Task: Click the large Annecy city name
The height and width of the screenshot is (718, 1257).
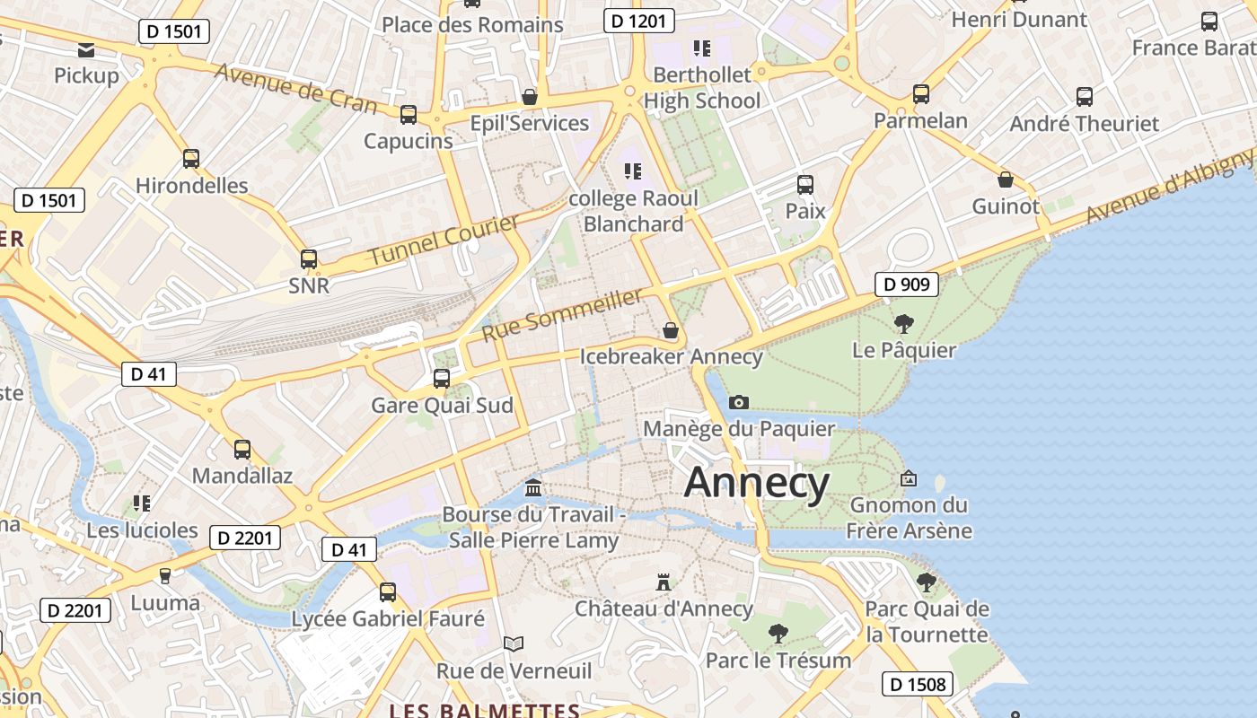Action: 757,484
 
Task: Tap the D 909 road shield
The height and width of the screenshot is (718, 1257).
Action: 907,285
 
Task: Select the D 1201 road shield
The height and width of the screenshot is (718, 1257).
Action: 638,21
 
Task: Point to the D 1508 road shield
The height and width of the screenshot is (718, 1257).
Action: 916,684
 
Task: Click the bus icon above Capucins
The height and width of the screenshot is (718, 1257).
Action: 409,114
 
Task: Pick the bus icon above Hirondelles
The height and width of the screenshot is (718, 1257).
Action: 190,159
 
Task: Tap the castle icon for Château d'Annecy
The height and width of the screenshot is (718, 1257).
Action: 664,582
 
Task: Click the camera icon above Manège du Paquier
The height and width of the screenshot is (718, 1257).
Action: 739,402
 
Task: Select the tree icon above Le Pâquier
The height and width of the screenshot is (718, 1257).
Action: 903,323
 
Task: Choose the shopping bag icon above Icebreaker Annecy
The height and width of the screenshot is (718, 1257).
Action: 670,330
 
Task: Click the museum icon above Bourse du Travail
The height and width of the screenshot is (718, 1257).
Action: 533,488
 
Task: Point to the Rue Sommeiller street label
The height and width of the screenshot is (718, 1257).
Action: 563,315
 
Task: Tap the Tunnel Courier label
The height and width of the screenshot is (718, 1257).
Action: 444,240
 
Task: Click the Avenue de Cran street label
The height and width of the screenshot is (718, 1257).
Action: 295,87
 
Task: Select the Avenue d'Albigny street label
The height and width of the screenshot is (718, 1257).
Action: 1169,188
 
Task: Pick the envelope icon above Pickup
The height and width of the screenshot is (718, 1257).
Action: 86,49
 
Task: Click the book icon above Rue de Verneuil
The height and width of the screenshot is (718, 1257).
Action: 514,644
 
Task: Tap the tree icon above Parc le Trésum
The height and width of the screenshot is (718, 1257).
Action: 778,634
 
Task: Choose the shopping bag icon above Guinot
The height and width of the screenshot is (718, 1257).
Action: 1006,179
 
